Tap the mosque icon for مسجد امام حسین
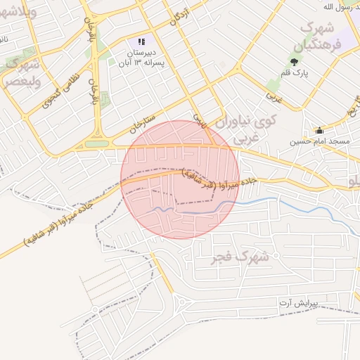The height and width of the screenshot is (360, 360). pyautogui.click(x=319, y=130)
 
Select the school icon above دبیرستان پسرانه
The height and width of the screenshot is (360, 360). pyautogui.click(x=141, y=42)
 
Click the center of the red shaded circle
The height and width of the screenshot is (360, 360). pyautogui.click(x=180, y=179)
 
